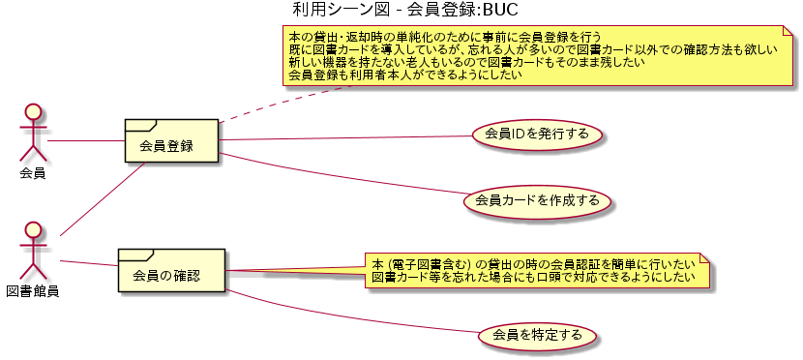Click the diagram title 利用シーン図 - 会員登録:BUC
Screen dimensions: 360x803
coord(404,11)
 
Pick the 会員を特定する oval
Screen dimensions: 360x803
coord(536,336)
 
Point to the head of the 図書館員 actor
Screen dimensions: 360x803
coord(33,230)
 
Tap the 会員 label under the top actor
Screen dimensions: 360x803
coord(33,174)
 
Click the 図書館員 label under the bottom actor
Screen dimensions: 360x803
coord(33,291)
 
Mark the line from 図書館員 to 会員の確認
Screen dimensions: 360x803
coord(89,262)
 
